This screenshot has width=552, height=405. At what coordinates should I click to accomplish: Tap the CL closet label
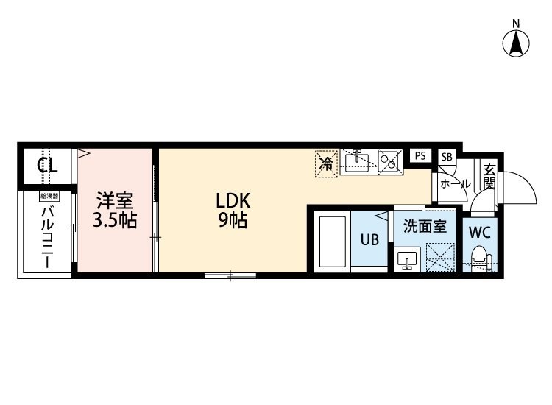pos(47,166)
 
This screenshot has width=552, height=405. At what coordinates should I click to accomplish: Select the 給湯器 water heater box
pos(49,195)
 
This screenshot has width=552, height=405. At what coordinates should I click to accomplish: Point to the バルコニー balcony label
pos(47,238)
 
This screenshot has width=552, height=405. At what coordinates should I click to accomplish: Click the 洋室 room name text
pos(115,201)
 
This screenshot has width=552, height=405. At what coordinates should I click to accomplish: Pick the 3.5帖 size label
pos(115,220)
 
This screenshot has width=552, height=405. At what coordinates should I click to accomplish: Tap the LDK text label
pos(233,201)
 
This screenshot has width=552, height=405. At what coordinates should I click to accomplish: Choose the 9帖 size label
pos(233,220)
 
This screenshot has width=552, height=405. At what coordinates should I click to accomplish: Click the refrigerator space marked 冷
pos(326,163)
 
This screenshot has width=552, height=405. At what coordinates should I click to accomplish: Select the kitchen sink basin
pos(357,162)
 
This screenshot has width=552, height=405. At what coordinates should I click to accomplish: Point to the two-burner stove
pos(390,161)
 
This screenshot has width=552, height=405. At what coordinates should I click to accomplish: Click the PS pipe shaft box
pos(420,155)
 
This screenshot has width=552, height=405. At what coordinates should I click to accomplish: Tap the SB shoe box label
pos(447,156)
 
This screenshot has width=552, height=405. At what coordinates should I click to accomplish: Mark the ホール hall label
pos(456,183)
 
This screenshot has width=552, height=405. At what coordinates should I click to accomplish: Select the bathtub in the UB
pos(333,242)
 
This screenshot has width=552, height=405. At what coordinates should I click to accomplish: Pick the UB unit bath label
pos(369,240)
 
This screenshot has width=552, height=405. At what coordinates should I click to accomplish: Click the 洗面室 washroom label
pos(425,226)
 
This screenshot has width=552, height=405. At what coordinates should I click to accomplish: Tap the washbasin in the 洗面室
pos(407,258)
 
